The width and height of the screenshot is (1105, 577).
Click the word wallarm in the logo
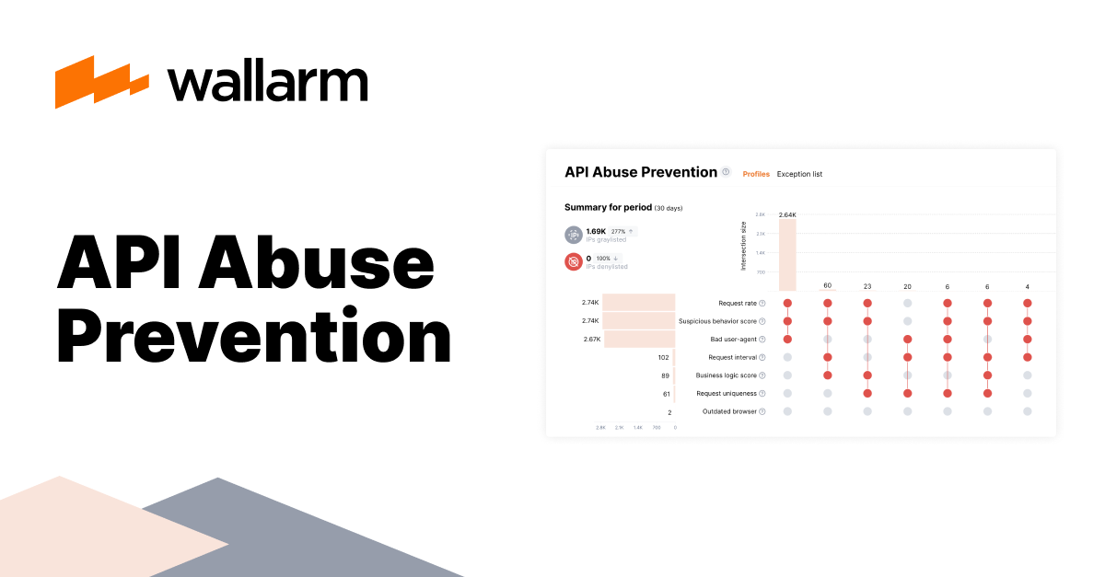coord(267,83)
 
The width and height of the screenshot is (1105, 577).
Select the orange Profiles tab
coord(756,174)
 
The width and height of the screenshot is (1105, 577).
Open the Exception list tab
coord(799,174)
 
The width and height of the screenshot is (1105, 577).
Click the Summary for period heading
coord(607,207)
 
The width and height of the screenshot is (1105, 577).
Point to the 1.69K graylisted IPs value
coord(596,231)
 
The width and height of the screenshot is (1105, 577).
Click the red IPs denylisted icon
coord(573,261)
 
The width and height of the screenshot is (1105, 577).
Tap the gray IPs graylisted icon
coord(573,234)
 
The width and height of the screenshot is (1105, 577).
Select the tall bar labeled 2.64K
coord(787,255)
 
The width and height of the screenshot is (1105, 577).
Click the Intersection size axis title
coord(744,246)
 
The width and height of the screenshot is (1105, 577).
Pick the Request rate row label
coord(737,303)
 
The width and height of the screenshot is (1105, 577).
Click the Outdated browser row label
coord(729,411)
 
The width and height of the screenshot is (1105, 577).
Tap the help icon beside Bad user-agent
coord(762,340)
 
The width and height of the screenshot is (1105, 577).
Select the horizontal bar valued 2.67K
coord(640,339)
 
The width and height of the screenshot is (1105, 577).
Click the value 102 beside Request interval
coord(663,357)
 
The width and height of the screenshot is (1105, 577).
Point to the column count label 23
coord(867,286)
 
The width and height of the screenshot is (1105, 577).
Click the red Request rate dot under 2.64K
coord(787,303)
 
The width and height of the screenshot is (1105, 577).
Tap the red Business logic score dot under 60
coord(828,375)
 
